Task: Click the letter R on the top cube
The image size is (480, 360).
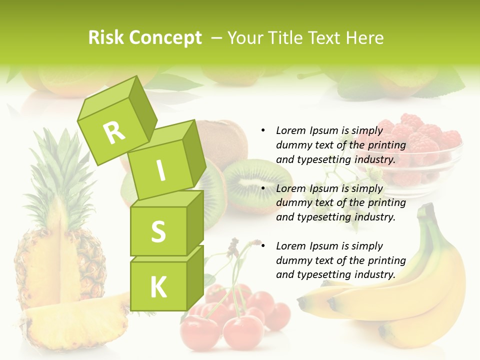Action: pyautogui.click(x=114, y=133)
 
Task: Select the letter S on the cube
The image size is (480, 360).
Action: pyautogui.click(x=158, y=231)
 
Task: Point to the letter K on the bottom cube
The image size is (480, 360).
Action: pyautogui.click(x=158, y=287)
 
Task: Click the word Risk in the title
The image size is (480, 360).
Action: pyautogui.click(x=106, y=37)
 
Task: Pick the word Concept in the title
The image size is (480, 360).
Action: pyautogui.click(x=165, y=38)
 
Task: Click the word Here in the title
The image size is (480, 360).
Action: pyautogui.click(x=366, y=37)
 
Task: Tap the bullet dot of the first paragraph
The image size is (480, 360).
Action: pyautogui.click(x=263, y=130)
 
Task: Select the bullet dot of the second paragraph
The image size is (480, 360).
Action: pyautogui.click(x=263, y=188)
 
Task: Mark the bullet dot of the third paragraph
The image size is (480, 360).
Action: pyautogui.click(x=263, y=246)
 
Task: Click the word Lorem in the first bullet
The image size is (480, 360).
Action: pyautogui.click(x=290, y=130)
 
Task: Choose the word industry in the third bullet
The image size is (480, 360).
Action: pyautogui.click(x=375, y=274)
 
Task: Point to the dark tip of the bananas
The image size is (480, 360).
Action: pyautogui.click(x=302, y=302)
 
